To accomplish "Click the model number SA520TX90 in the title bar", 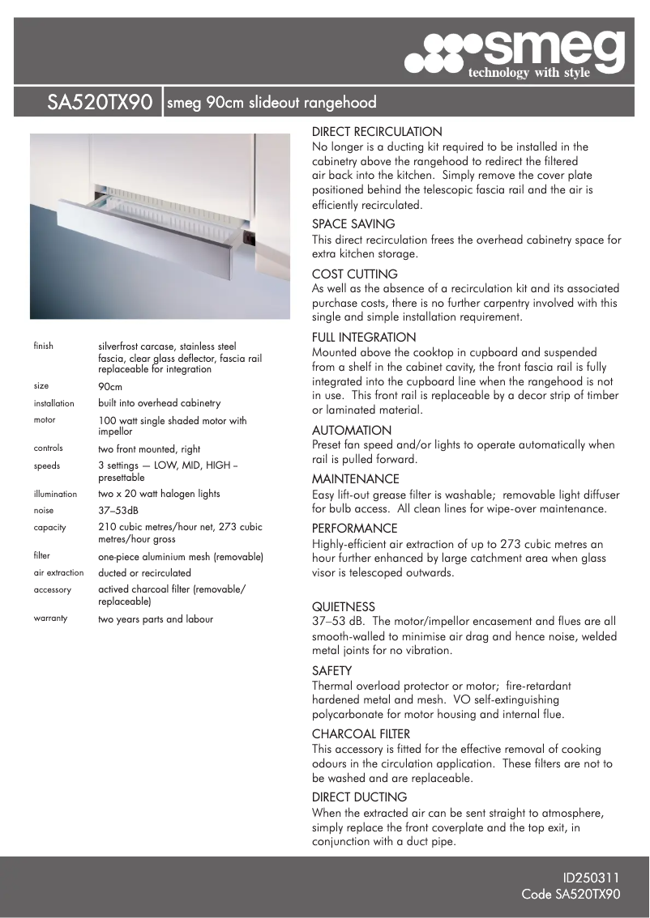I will coord(100,103).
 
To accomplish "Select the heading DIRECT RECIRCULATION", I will coord(377,131).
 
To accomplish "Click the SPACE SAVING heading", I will coord(353,223).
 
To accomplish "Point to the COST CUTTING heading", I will coord(355,274).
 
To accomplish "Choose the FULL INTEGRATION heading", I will coord(364,337).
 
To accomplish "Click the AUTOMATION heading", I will coord(352,431).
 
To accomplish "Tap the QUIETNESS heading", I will coord(344,606).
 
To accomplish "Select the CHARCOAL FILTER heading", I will coord(361,734).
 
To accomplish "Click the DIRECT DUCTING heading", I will coord(359,797).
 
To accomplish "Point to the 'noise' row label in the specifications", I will coord(44,511).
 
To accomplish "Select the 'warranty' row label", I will coord(50,618).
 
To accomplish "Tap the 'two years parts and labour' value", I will coord(156,619).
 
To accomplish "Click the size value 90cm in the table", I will coord(110,386).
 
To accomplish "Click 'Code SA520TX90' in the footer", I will coord(571,895).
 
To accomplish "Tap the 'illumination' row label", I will coord(55,493).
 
